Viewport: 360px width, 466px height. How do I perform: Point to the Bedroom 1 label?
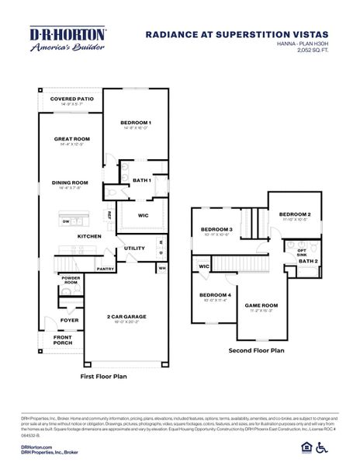pyautogui.click(x=136, y=123)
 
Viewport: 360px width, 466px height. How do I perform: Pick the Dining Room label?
pyautogui.click(x=70, y=183)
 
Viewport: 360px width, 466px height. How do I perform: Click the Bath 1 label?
pyautogui.click(x=141, y=180)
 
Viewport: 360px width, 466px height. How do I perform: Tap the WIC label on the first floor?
pyautogui.click(x=143, y=215)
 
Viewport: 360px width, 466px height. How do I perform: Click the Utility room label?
pyautogui.click(x=135, y=249)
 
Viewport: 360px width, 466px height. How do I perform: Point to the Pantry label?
pyautogui.click(x=106, y=269)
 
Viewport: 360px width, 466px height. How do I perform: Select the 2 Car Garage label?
pyautogui.click(x=126, y=317)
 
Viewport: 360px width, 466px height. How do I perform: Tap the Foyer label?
pyautogui.click(x=70, y=319)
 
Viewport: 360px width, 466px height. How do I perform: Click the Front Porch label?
pyautogui.click(x=63, y=340)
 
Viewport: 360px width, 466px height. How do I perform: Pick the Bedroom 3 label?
pyautogui.click(x=216, y=230)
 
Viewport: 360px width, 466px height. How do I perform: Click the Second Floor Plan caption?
pyautogui.click(x=256, y=350)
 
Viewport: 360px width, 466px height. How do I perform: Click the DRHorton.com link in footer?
pyautogui.click(x=36, y=447)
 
